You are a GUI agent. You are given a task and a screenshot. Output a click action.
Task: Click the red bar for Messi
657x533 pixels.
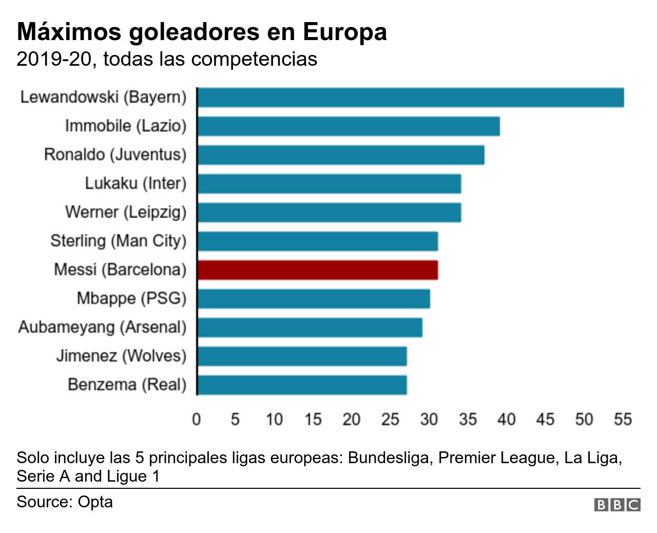317,270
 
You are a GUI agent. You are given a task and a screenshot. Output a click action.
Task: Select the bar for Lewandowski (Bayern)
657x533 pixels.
411,98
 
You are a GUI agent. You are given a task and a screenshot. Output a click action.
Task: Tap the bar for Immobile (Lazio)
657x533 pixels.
349,126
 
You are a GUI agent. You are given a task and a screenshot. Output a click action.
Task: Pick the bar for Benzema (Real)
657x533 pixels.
302,385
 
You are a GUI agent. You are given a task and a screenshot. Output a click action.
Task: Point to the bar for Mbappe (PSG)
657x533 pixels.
314,299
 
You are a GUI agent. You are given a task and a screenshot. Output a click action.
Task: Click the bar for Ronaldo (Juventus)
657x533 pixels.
341,155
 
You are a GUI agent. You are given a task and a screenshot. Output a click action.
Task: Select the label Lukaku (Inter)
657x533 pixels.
136,183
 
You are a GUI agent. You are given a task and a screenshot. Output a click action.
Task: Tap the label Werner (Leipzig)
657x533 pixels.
126,212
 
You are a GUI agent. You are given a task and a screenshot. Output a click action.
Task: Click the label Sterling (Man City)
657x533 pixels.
118,241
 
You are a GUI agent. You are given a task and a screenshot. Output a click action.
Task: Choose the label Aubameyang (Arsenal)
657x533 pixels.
102,327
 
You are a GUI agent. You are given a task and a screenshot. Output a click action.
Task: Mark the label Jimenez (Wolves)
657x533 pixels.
121,356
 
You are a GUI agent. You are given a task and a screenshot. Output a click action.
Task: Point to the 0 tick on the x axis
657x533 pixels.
196,420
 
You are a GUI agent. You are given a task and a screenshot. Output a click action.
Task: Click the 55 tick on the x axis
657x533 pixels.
623,420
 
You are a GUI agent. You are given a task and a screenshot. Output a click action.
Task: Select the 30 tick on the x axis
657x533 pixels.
429,420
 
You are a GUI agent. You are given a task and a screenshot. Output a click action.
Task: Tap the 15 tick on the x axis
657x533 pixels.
313,420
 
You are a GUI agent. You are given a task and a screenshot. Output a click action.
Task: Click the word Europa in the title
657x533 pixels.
344,32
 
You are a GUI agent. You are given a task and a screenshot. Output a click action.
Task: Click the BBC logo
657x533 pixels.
617,505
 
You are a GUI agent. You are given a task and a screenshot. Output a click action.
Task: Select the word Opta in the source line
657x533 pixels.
95,502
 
